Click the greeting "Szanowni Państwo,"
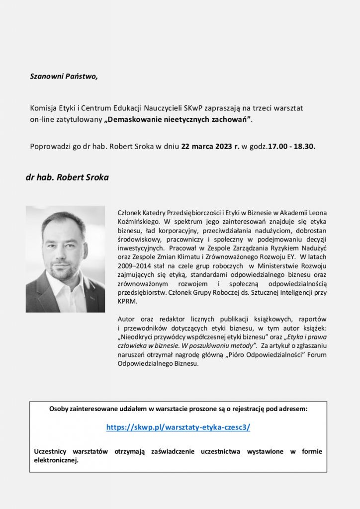[x=64, y=77]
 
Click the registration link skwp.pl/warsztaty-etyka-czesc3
[x=178, y=427]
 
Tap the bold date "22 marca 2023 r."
[x=210, y=147]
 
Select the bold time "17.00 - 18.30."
[x=291, y=147]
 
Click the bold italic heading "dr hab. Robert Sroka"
[x=67, y=177]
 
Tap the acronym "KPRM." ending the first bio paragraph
[x=127, y=301]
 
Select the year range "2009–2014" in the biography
[x=133, y=265]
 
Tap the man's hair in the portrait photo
[x=63, y=222]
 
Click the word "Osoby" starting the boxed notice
[x=60, y=409]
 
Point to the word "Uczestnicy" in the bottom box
[x=52, y=451]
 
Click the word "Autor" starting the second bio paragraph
[x=126, y=319]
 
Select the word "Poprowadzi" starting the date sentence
[x=49, y=147]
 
